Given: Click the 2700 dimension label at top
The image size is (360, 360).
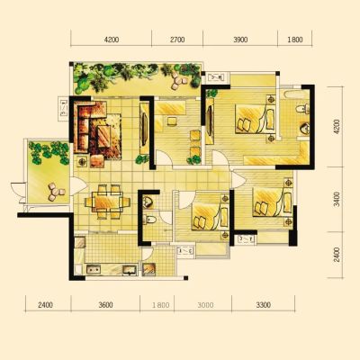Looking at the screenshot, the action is pyautogui.click(x=177, y=40).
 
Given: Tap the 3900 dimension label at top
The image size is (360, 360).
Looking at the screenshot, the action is pyautogui.click(x=240, y=40).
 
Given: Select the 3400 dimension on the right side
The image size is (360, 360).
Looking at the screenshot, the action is pyautogui.click(x=337, y=199).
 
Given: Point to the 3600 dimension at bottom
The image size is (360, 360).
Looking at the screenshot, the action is pyautogui.click(x=105, y=305).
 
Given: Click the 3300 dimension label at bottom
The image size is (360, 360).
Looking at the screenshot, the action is pyautogui.click(x=263, y=305).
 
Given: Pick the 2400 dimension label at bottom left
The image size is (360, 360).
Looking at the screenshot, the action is pyautogui.click(x=45, y=305).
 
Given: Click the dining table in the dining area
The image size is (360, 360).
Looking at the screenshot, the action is pyautogui.click(x=107, y=202).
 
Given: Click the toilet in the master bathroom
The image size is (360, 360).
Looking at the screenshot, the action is pyautogui.click(x=303, y=108).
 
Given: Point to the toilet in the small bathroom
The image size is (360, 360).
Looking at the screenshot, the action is pyautogui.click(x=149, y=220).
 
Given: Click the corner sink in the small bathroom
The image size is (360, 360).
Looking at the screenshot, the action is pyautogui.click(x=148, y=202).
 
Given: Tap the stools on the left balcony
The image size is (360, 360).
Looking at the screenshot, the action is pyautogui.click(x=56, y=192).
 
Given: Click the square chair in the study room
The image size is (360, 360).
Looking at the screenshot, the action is pyautogui.click(x=172, y=121).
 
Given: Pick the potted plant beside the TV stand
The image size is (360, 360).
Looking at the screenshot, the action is pyautogui.click(x=142, y=159).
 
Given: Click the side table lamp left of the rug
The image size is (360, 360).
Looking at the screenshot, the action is pyautogui.click(x=82, y=162).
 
